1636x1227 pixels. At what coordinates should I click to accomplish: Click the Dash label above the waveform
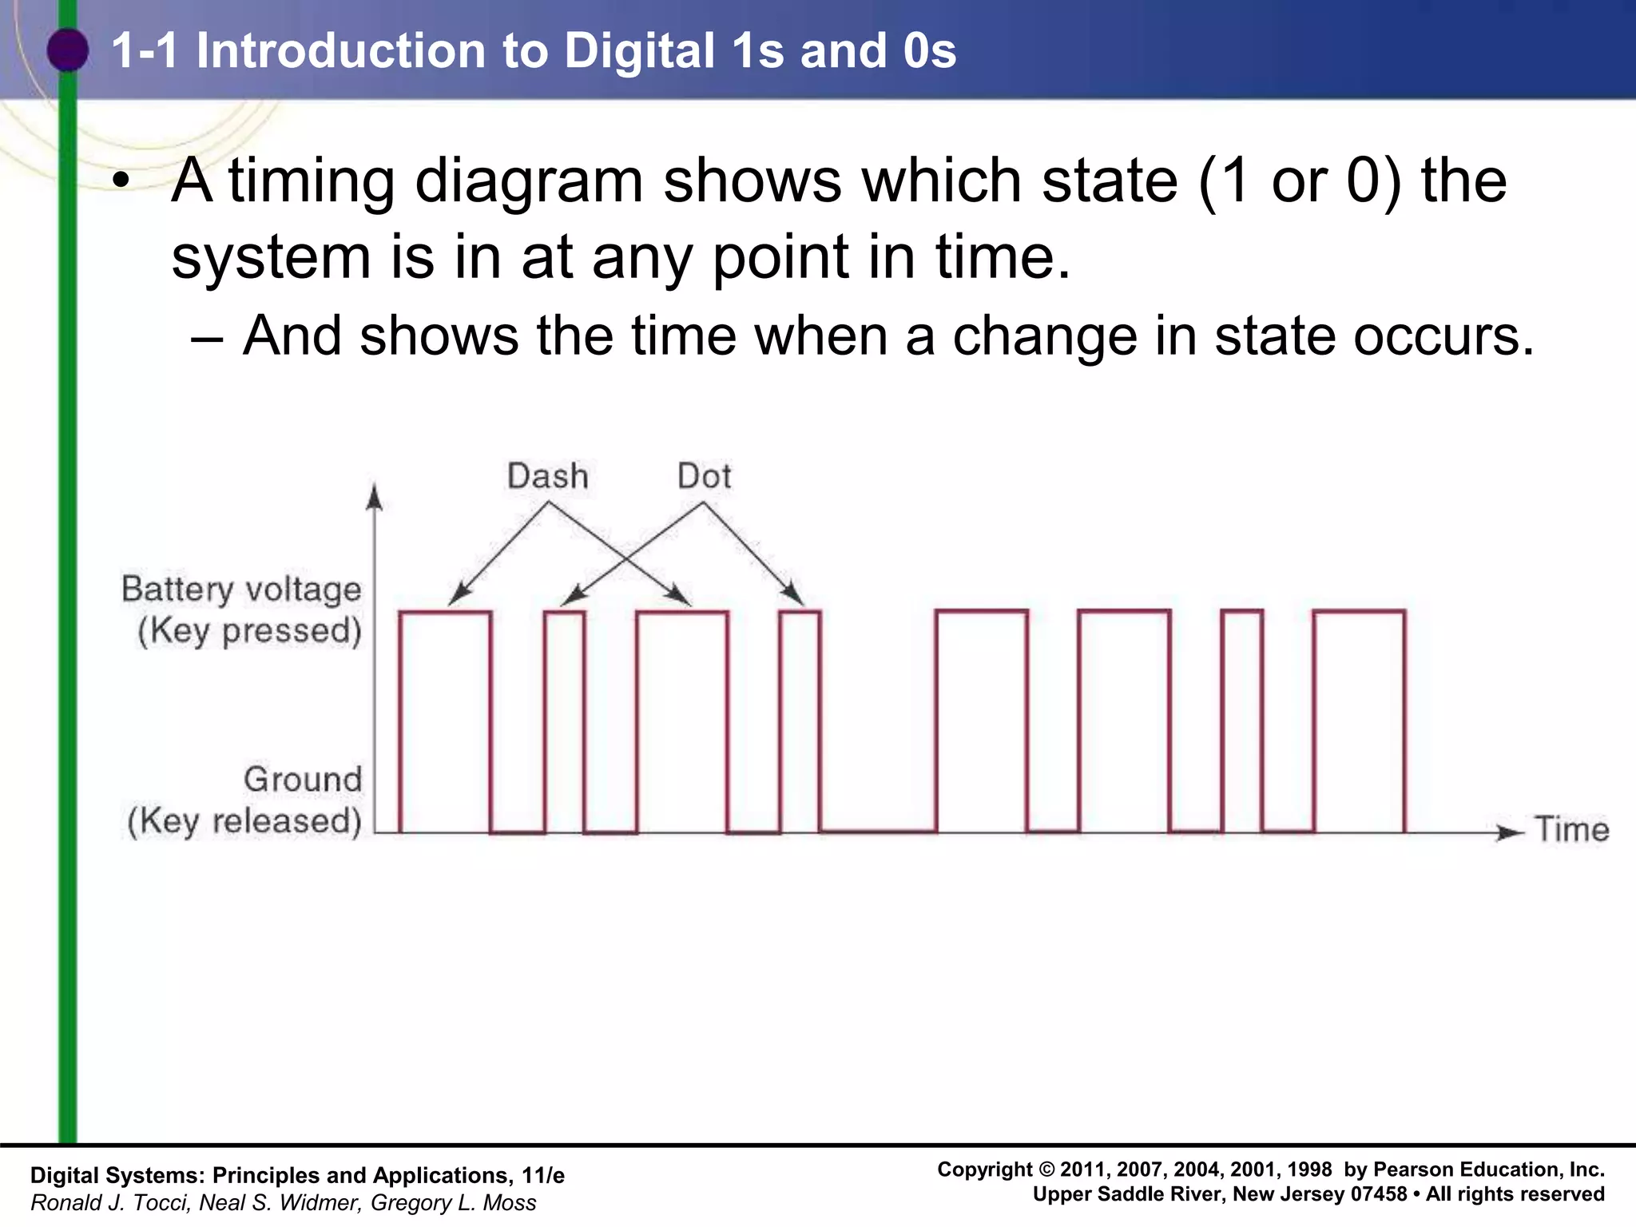tap(548, 477)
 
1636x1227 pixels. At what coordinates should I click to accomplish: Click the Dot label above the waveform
tap(704, 477)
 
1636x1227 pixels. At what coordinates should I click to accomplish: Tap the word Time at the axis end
tap(1572, 830)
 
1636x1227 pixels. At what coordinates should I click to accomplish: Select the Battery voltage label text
tap(241, 590)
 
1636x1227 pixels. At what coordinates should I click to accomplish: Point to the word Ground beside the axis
tap(303, 780)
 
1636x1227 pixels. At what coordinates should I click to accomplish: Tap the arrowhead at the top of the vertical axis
tap(374, 497)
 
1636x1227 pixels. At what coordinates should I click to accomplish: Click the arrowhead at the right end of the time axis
tap(1510, 833)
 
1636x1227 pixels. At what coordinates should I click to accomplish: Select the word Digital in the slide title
tap(639, 50)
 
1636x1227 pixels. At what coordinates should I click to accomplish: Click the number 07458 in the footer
tap(1379, 1194)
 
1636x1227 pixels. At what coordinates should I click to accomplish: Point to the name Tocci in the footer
tap(164, 1203)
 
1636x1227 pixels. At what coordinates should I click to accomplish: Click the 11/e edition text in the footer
tap(543, 1176)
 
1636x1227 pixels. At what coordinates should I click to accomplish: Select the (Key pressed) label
tap(249, 631)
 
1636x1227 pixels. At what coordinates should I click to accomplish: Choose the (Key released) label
tap(244, 821)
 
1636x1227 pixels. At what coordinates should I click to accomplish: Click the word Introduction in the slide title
tap(340, 50)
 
